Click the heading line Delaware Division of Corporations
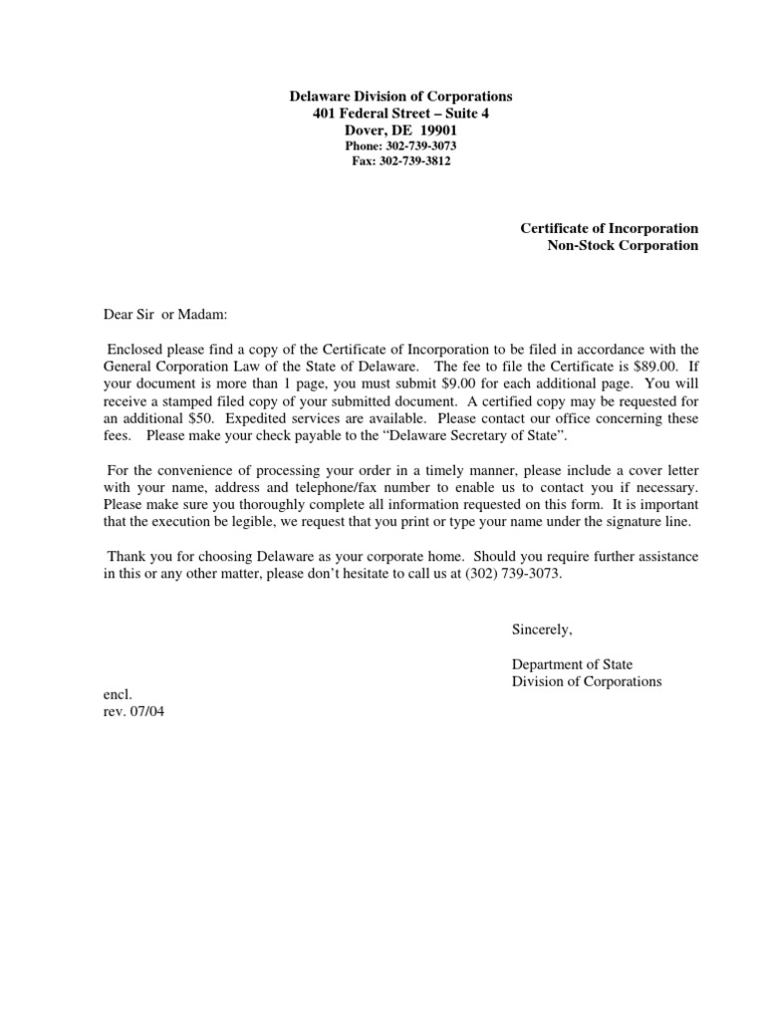coord(400,97)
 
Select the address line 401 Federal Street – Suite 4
coord(400,114)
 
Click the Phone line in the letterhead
coord(400,145)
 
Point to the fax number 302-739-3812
coord(414,160)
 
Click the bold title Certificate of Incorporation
coord(609,228)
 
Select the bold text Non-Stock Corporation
coord(623,245)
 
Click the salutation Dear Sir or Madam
coord(166,315)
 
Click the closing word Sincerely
coord(543,630)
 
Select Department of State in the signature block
coord(572,664)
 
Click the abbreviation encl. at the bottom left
coord(118,696)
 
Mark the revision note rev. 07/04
coord(134,712)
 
